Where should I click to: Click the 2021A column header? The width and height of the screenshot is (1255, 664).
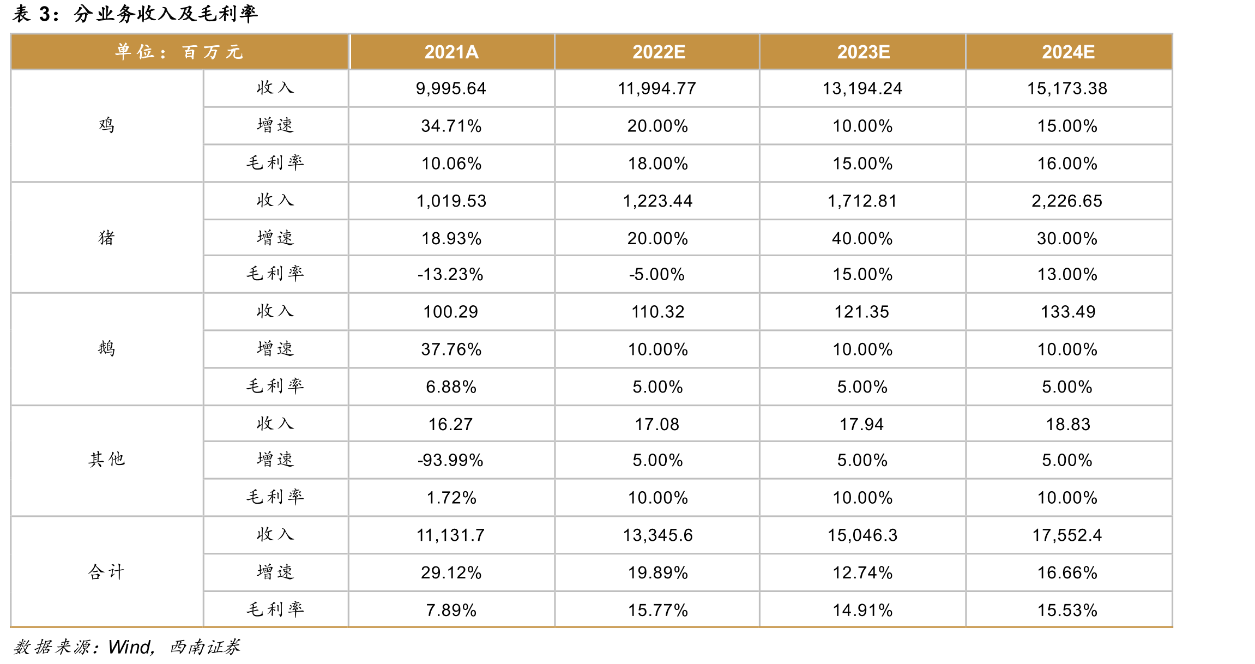[451, 52]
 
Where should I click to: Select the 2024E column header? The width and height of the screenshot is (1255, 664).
[1068, 52]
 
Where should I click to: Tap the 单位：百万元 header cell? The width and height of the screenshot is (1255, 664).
[179, 52]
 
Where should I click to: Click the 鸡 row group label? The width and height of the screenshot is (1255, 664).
[107, 125]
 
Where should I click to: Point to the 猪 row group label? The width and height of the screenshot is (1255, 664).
[107, 238]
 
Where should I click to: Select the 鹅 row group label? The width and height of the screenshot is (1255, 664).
[107, 348]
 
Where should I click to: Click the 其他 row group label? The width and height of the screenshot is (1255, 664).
[107, 460]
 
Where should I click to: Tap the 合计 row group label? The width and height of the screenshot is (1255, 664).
[107, 572]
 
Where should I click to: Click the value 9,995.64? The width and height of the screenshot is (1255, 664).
[451, 88]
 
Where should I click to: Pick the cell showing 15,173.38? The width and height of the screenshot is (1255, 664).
[1067, 88]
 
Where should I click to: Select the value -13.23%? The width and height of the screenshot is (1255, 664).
[450, 274]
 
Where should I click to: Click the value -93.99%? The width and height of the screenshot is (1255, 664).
[450, 460]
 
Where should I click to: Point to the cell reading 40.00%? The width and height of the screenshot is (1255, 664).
[862, 238]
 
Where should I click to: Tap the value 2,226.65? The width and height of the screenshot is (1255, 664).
[1067, 201]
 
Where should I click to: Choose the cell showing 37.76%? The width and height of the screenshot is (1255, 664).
[451, 349]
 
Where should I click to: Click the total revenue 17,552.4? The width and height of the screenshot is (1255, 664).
[1067, 535]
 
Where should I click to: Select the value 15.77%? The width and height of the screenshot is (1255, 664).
[658, 610]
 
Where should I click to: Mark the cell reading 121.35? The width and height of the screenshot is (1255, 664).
[862, 312]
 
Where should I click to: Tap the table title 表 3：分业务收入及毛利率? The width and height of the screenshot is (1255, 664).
[135, 14]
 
